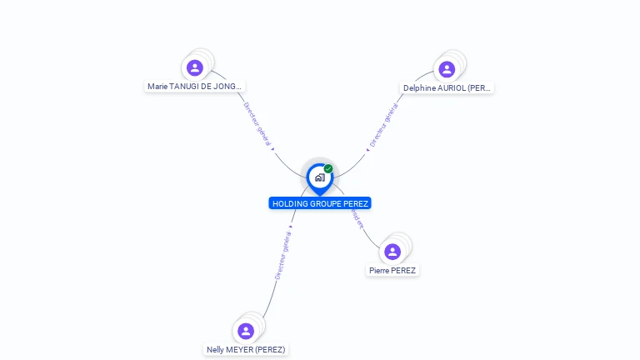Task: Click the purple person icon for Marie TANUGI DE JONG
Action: click(195, 67)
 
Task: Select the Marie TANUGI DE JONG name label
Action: click(195, 86)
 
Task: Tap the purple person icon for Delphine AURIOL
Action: click(447, 69)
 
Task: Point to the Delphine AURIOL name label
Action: click(447, 87)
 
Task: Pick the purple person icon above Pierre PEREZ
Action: click(392, 252)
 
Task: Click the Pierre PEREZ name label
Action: click(392, 270)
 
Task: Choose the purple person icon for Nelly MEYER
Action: click(246, 331)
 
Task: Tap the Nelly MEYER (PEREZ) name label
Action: click(246, 349)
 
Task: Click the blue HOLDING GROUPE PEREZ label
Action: click(320, 203)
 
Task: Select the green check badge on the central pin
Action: click(328, 169)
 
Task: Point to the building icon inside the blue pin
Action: click(319, 177)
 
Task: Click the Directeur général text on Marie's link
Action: click(257, 124)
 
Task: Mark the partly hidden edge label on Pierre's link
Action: click(357, 217)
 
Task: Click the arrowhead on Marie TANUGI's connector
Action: click(272, 149)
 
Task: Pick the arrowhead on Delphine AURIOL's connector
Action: click(367, 150)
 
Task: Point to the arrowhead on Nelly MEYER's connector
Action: click(291, 227)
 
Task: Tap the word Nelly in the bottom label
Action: click(217, 349)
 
